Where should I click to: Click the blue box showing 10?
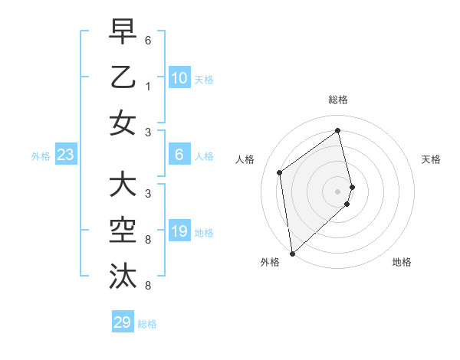click(x=179, y=78)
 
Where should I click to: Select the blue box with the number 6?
click(x=179, y=155)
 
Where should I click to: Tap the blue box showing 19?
click(x=179, y=232)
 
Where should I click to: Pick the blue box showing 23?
click(x=66, y=155)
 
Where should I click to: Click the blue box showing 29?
click(x=123, y=322)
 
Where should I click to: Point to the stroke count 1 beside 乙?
click(x=147, y=86)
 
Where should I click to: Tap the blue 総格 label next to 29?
click(x=147, y=324)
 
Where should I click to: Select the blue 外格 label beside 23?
click(x=41, y=156)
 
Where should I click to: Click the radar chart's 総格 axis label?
click(x=338, y=100)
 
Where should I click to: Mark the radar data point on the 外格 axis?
click(x=292, y=253)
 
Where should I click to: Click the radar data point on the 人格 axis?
click(x=280, y=172)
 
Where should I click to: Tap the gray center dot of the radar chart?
click(x=338, y=191)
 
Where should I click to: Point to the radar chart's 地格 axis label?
click(x=402, y=262)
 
